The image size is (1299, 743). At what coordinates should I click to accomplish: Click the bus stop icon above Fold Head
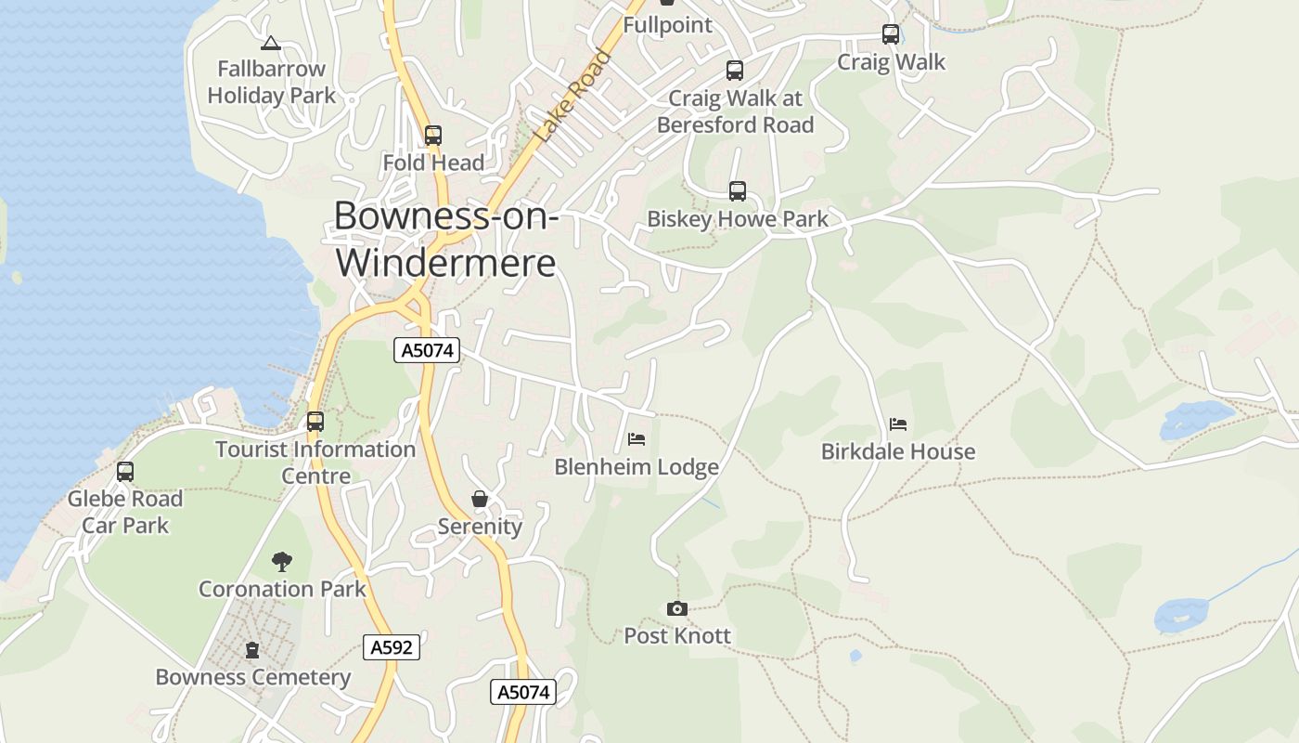click(x=433, y=136)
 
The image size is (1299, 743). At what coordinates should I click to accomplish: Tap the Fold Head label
click(x=433, y=163)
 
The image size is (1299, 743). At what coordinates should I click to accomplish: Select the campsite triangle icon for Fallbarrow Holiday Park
click(x=270, y=43)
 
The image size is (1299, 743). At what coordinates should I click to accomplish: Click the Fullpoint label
click(x=667, y=25)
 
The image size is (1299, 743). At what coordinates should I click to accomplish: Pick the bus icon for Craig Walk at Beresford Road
click(x=735, y=71)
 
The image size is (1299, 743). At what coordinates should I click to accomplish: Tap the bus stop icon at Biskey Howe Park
click(x=738, y=191)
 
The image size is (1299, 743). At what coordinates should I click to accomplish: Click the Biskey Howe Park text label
click(x=738, y=219)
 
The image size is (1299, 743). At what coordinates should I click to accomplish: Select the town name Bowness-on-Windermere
click(x=446, y=239)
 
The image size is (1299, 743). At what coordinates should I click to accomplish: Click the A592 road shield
click(x=391, y=647)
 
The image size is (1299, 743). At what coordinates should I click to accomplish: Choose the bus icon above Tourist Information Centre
click(x=315, y=422)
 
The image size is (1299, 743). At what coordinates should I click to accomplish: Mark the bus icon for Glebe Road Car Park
click(x=125, y=472)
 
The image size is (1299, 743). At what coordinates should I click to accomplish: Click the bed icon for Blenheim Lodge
click(x=637, y=439)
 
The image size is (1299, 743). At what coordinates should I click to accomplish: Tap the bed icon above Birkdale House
click(x=898, y=424)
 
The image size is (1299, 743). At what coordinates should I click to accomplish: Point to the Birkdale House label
click(x=898, y=452)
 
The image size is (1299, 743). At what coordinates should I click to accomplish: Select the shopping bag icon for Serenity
click(x=480, y=500)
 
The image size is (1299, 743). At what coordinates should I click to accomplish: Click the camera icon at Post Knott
click(x=677, y=609)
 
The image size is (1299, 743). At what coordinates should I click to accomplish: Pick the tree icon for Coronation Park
click(x=282, y=561)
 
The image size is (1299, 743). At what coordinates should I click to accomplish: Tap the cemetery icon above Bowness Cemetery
click(x=252, y=650)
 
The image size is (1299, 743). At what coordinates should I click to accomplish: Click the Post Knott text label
click(x=677, y=636)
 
